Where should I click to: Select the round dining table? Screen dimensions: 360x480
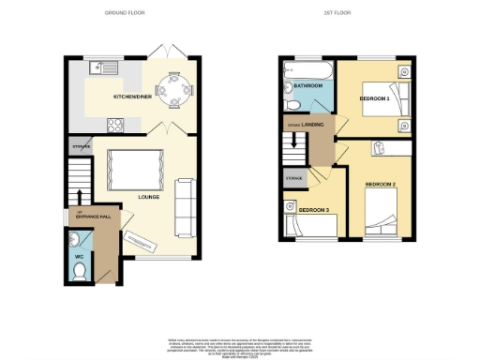click(172, 89)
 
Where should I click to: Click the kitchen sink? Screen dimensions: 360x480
click(99, 67)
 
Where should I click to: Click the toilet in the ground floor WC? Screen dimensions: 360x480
click(80, 272)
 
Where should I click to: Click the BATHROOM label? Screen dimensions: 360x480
click(308, 86)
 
